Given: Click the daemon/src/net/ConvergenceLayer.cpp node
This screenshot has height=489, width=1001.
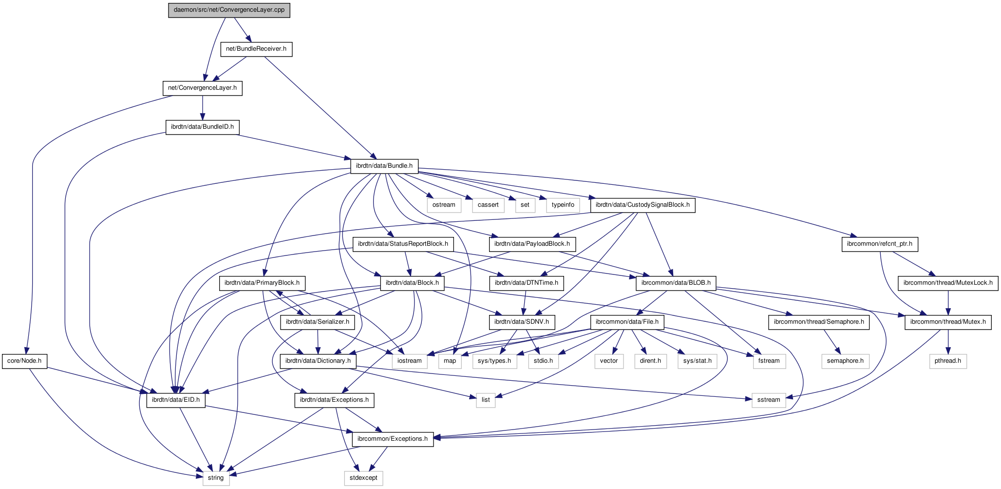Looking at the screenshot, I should [x=229, y=10].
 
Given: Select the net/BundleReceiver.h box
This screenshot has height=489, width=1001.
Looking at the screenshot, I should [x=256, y=49].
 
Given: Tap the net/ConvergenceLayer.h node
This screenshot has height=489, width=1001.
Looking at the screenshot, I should [x=202, y=88].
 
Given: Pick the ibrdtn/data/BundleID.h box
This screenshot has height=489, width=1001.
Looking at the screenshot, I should [x=202, y=127].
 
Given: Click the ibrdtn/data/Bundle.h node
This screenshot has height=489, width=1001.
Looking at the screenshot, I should [x=384, y=166].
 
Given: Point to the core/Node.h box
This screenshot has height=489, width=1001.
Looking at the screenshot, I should [x=24, y=361].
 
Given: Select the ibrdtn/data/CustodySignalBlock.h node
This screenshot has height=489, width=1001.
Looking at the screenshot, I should [x=642, y=205].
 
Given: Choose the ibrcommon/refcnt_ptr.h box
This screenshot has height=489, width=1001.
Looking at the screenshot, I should [x=880, y=244].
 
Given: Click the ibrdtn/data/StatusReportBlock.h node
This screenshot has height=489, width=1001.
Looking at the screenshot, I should [x=403, y=244].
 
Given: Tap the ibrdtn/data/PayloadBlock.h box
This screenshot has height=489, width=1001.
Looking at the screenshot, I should [x=532, y=244].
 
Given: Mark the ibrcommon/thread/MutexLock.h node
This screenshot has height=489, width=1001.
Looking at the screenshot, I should [x=948, y=283].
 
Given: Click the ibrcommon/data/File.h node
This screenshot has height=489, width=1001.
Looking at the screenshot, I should [x=627, y=322].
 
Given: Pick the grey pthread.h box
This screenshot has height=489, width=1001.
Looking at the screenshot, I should [x=948, y=361].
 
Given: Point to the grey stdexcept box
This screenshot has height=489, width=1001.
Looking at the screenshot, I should [x=363, y=478].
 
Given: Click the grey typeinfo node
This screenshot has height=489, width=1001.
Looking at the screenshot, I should [x=563, y=205].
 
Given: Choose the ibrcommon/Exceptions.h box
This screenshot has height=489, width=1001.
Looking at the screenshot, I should [x=392, y=439].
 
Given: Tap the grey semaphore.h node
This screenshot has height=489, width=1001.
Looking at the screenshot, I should [x=845, y=361].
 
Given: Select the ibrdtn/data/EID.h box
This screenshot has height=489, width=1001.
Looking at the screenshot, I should [x=176, y=400].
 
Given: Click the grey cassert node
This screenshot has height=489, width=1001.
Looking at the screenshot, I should [x=488, y=205].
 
